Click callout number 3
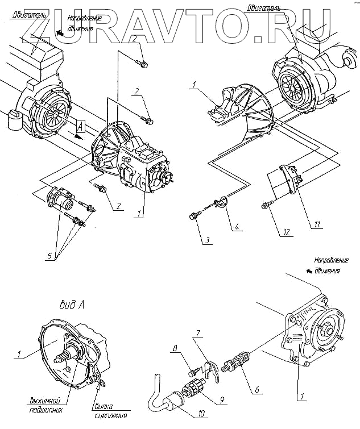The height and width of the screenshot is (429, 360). pos(209,240)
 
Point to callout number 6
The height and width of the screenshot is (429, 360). pos(257,390)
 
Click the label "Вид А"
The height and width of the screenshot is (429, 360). pos(72,305)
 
